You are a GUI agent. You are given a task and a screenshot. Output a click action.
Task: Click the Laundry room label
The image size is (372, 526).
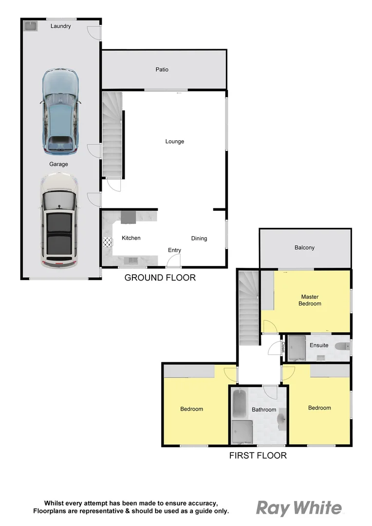61,26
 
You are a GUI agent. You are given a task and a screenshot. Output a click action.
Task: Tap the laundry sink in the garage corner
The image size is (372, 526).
30,25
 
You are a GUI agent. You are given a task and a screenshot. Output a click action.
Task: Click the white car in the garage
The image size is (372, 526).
59,221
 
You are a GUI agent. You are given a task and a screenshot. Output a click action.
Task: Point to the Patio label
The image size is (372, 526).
162,70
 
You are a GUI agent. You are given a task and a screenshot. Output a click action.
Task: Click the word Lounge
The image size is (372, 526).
174,142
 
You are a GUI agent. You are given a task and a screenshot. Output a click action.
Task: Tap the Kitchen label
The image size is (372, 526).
131,238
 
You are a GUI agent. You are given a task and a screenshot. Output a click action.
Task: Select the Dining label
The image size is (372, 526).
199,239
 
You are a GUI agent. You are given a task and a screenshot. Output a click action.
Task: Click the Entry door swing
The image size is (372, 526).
173,261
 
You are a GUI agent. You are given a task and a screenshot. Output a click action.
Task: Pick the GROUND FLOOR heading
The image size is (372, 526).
160,278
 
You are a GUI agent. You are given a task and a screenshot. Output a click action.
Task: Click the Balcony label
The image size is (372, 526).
304,248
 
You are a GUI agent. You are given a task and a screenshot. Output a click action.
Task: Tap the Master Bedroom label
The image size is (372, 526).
310,300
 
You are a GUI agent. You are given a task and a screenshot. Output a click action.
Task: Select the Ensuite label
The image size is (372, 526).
319,345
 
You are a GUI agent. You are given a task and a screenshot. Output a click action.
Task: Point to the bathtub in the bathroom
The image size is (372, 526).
239,403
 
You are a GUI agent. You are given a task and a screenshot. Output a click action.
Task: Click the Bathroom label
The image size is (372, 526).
264,410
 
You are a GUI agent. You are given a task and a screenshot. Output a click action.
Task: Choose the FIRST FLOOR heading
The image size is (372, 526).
258,456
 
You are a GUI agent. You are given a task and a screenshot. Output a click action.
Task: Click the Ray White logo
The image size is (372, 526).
299,508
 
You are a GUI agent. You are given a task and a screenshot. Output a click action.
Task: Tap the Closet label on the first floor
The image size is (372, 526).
283,347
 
